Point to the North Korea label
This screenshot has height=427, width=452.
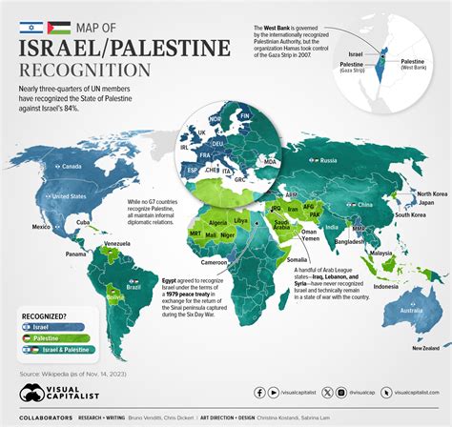[424, 194]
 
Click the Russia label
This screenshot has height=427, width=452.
[329, 159]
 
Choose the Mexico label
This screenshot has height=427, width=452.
[41, 228]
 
